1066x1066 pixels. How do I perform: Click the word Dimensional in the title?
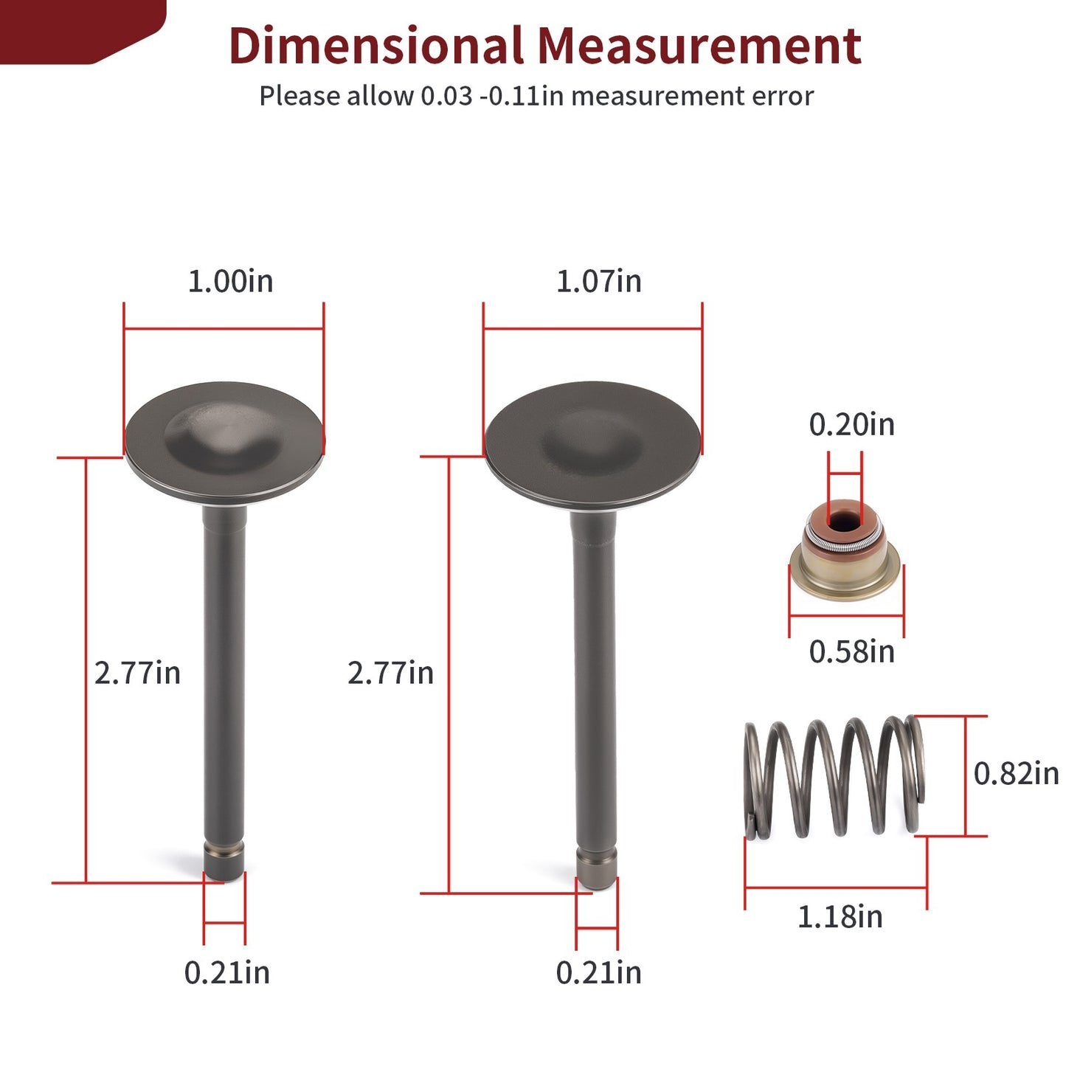[376, 45]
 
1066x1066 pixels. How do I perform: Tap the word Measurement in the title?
[699, 45]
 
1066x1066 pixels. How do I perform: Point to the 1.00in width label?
[231, 281]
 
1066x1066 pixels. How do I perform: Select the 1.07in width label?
[598, 281]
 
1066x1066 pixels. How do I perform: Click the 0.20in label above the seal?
[851, 424]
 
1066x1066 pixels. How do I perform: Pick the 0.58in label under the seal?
[851, 651]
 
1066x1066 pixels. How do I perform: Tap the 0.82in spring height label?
[1016, 773]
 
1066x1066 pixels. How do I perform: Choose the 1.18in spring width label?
[840, 917]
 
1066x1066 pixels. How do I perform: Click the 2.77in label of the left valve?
[137, 673]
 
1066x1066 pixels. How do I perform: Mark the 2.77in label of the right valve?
[390, 673]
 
